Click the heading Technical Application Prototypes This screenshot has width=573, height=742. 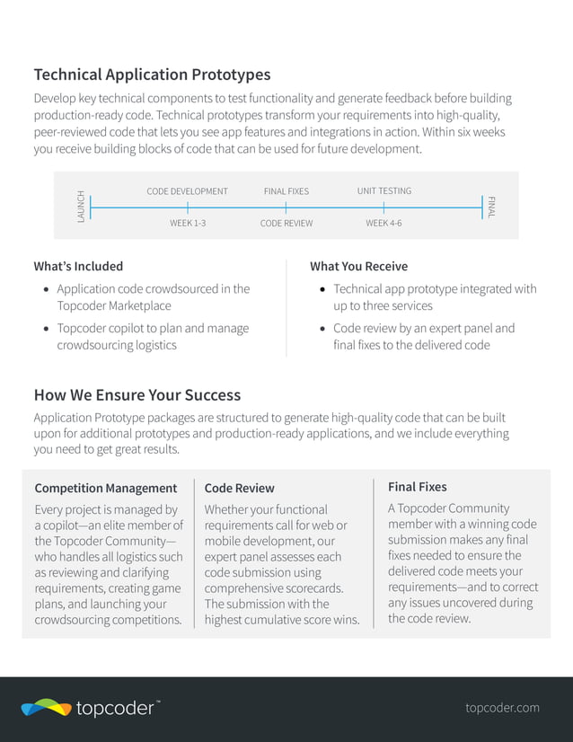152,75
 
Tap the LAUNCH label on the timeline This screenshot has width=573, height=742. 81,207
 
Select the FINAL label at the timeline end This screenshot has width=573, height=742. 491,207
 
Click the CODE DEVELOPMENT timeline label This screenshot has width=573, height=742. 187,191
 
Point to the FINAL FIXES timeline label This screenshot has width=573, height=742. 286,191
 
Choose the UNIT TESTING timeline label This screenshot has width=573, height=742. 383,191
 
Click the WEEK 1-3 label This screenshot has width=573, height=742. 188,223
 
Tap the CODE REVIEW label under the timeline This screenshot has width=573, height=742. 286,223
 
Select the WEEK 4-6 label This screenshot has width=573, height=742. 383,223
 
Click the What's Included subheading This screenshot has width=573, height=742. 78,266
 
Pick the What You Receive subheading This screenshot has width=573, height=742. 358,266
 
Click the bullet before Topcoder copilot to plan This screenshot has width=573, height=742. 46,329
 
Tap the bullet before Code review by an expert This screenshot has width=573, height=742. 322,329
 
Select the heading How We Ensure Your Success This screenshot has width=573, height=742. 137,394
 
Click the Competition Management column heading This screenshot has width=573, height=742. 105,488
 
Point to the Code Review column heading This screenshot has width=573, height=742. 239,488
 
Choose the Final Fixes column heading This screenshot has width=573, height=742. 417,487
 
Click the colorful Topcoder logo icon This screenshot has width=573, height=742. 46,708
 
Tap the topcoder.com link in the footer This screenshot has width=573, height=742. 502,708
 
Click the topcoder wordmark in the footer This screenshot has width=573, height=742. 115,709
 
